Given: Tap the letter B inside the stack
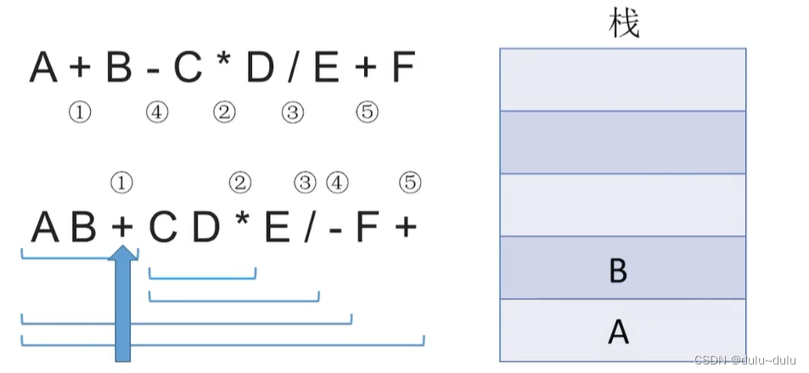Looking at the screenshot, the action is [618, 270].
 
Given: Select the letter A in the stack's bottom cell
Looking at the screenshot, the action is [618, 332].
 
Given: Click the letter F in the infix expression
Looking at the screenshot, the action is [403, 68].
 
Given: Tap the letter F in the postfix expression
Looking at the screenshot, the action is [366, 228].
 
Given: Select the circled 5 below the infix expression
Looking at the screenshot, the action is [367, 112].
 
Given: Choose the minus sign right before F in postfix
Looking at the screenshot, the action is [337, 228].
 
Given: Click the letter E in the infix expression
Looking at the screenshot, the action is [326, 68].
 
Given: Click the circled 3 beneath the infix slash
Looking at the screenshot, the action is [292, 112].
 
